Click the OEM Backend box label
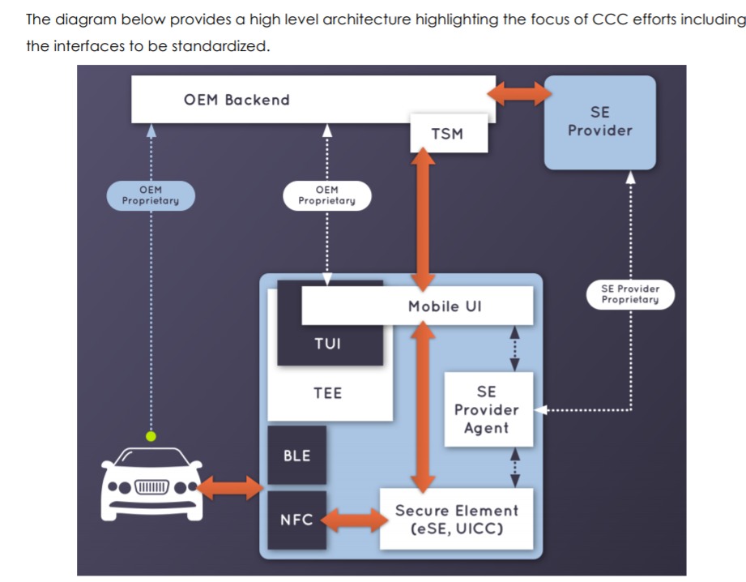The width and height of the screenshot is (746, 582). point(237,101)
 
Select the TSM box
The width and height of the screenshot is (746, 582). point(448,134)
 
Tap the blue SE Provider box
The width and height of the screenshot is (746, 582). point(599,122)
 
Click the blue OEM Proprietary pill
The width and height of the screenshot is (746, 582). point(151,195)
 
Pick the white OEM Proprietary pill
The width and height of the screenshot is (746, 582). point(326,195)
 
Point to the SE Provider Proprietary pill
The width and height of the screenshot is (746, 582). point(630,294)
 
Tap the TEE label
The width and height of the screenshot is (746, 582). point(328,393)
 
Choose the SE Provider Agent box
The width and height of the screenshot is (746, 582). point(488,409)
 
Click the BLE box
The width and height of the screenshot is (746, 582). point(296,456)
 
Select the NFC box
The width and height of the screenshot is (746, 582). point(296,520)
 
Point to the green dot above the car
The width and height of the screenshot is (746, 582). point(151,436)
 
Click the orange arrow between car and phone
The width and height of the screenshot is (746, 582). point(230,487)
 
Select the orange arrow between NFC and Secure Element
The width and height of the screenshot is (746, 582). point(353,520)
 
